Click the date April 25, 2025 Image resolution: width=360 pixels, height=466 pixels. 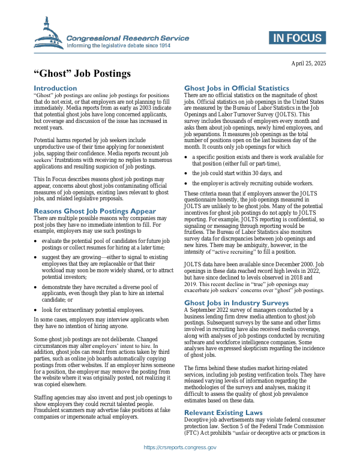(x=308, y=63)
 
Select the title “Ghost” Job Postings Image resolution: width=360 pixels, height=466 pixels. (x=82, y=75)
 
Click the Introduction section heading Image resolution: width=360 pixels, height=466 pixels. (x=55, y=88)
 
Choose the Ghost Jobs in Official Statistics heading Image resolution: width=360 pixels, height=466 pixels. (x=236, y=88)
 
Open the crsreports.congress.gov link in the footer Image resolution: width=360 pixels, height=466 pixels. (x=180, y=447)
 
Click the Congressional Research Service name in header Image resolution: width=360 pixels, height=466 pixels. (x=128, y=38)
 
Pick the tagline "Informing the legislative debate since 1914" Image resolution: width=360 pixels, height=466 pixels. (x=119, y=46)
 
